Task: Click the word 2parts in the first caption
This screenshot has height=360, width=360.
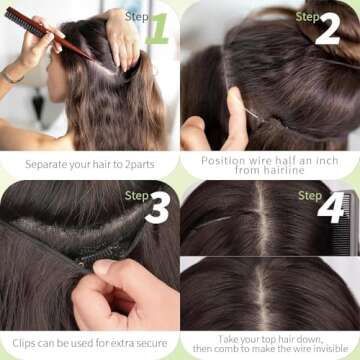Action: (x=137, y=162)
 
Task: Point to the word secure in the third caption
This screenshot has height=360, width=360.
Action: (x=147, y=344)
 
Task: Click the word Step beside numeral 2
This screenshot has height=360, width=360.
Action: (x=307, y=16)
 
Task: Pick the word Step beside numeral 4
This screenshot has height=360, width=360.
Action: (x=310, y=196)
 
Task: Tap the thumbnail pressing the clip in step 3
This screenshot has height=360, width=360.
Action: (x=102, y=267)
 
